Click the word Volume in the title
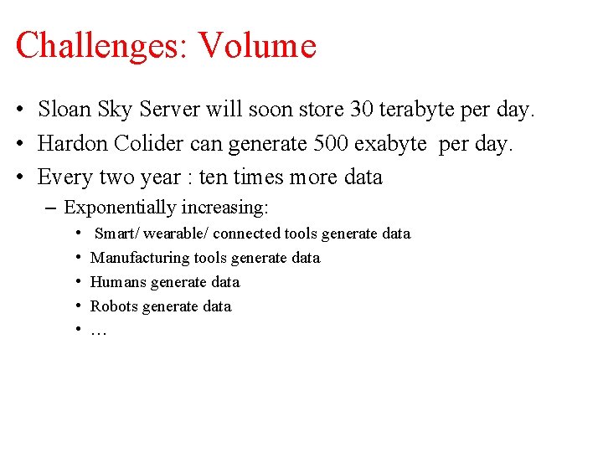[256, 44]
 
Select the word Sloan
[65, 110]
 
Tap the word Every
[65, 177]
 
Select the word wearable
[173, 234]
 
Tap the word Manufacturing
[140, 258]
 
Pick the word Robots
[114, 306]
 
